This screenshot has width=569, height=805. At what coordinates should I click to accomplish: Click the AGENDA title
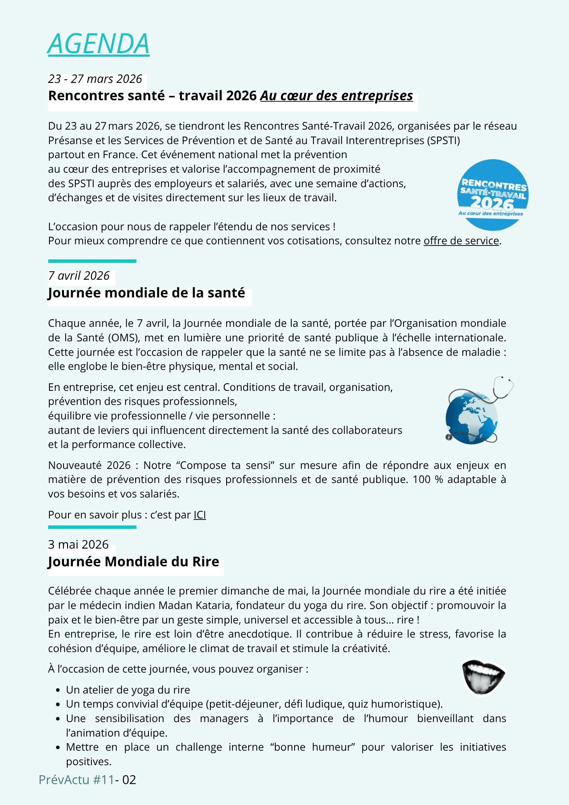click(x=99, y=43)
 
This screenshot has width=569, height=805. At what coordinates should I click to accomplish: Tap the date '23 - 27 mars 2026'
click(x=95, y=79)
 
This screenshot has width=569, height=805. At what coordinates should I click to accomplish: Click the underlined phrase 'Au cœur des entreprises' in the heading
click(x=336, y=96)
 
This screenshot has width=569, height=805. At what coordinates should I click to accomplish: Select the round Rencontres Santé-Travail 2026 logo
click(x=493, y=195)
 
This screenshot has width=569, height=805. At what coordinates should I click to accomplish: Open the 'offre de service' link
click(x=461, y=241)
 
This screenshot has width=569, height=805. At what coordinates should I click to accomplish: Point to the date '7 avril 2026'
click(x=79, y=276)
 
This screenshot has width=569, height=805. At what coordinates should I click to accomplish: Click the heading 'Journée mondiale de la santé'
click(x=146, y=293)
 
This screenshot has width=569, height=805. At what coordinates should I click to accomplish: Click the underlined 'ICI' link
click(x=200, y=515)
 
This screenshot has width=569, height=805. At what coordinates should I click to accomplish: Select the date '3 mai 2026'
click(x=78, y=545)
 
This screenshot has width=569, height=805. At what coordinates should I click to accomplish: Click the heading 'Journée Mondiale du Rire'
click(x=134, y=561)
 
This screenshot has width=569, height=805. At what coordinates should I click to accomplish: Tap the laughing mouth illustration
click(x=483, y=676)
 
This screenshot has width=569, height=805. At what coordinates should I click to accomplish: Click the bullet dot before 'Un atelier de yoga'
click(x=58, y=690)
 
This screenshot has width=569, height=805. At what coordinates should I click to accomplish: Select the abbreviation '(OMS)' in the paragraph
click(x=123, y=338)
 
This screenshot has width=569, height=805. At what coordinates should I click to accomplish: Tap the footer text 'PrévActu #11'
click(x=76, y=780)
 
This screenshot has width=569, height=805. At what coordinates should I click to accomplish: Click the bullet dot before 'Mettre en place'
click(x=58, y=748)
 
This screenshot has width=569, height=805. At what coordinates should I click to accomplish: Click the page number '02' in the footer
click(x=129, y=780)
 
